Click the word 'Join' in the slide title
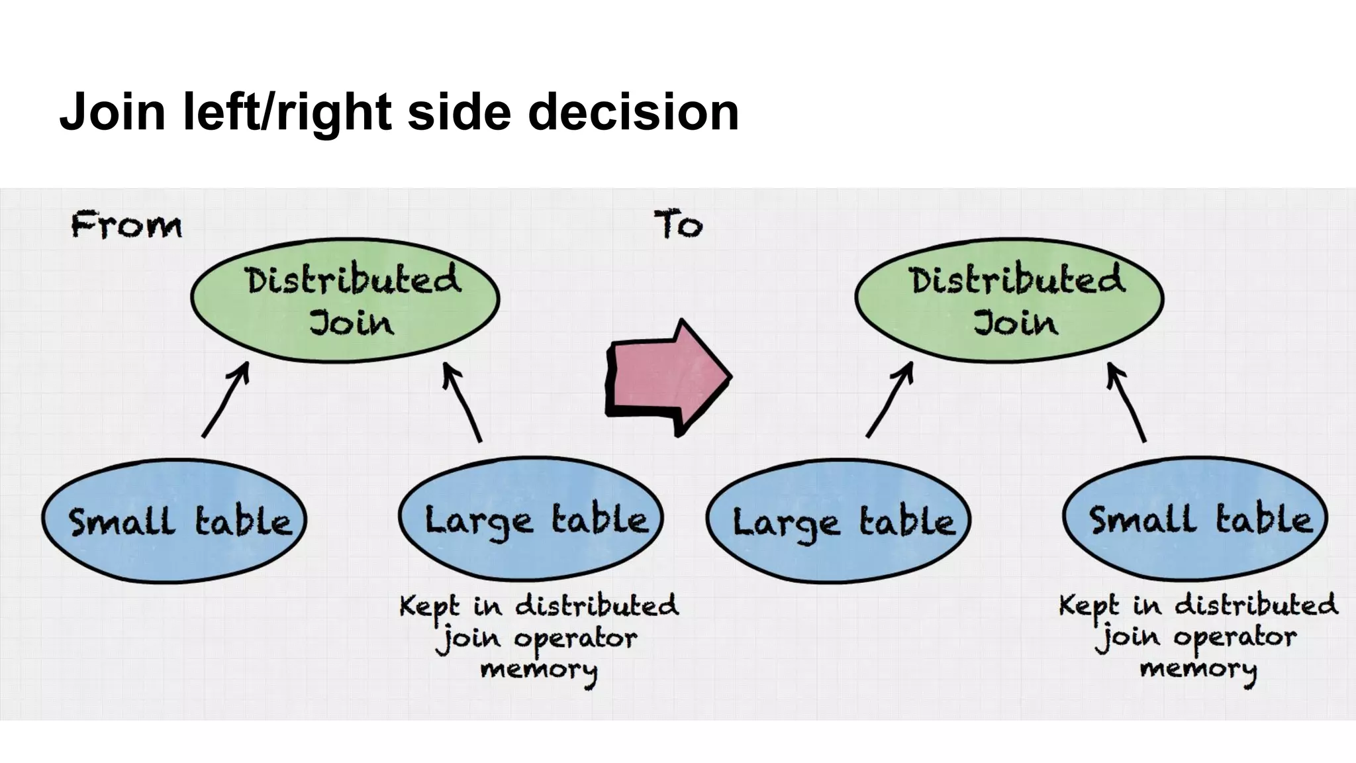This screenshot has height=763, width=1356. click(x=112, y=112)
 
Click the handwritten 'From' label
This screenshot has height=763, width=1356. click(x=126, y=225)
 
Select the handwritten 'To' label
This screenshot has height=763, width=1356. click(x=678, y=225)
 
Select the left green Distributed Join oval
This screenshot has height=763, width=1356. click(x=345, y=300)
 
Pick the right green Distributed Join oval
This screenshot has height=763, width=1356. click(x=1009, y=300)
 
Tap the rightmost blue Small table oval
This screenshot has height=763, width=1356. click(x=1195, y=520)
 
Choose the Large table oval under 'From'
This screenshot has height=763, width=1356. click(x=531, y=520)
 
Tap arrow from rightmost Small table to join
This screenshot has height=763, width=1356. click(x=1127, y=401)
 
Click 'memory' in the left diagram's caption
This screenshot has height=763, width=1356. click(x=538, y=670)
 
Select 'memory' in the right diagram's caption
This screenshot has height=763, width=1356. click(x=1198, y=669)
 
